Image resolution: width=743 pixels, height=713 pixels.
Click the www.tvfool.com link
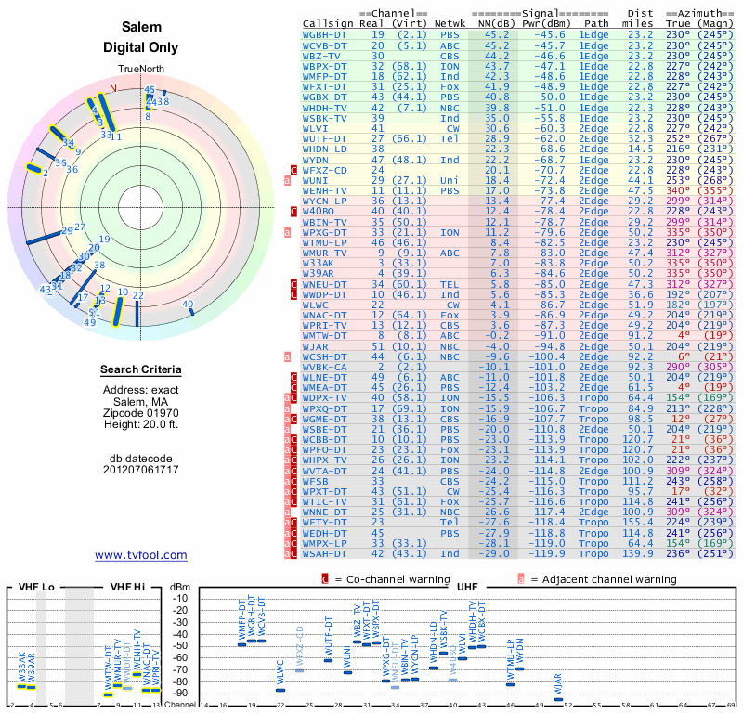coord(141,555)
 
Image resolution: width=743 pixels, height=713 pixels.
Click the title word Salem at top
coord(141,27)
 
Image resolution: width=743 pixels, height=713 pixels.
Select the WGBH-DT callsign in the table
coord(327,34)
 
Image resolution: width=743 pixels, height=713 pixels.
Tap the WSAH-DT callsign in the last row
coord(327,553)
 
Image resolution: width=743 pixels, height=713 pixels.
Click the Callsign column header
coord(331,22)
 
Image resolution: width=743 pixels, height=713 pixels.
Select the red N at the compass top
coord(113,89)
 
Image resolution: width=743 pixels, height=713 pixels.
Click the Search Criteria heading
coord(141,370)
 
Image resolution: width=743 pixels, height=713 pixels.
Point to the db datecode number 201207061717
coord(141,469)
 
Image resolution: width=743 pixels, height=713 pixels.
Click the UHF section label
coord(467,587)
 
